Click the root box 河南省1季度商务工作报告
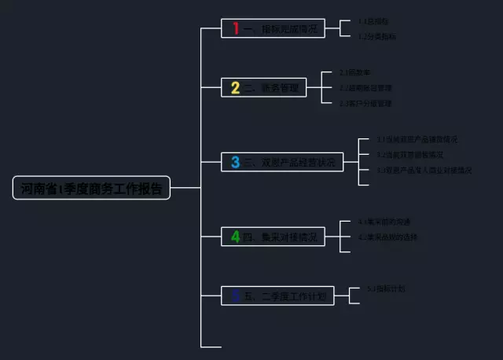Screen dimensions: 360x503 91,189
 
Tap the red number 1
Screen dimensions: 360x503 235,29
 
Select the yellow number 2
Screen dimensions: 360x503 235,87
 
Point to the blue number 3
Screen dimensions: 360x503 235,163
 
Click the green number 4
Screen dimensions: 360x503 235,236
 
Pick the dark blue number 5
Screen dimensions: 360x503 235,296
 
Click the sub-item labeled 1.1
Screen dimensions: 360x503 373,21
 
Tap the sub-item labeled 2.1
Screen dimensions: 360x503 355,72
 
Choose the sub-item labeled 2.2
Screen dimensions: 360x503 365,87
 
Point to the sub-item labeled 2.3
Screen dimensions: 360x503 365,103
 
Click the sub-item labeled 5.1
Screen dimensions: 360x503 386,288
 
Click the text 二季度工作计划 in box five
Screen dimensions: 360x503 288,296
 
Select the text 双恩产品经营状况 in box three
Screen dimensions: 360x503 293,163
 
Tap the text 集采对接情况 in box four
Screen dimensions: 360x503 284,236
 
